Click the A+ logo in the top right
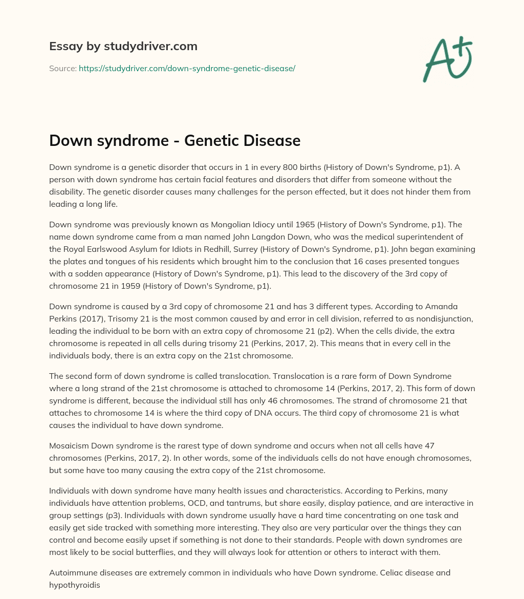click(x=447, y=60)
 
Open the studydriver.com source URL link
click(x=187, y=68)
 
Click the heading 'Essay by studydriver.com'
click(x=123, y=46)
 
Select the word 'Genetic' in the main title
click(x=203, y=140)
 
